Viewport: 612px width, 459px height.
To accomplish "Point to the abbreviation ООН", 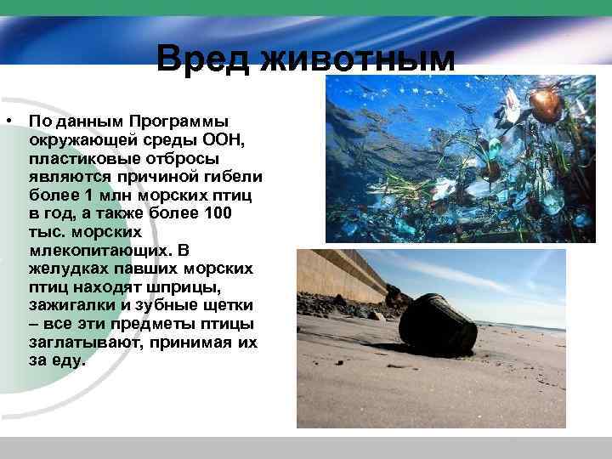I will point(224,139).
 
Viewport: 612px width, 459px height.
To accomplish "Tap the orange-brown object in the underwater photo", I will point(545,104).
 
